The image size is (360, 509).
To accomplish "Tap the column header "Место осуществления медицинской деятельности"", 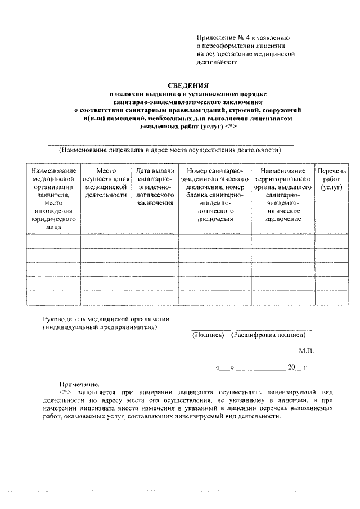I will point(106,183).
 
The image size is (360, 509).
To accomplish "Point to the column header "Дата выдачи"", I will point(155,170).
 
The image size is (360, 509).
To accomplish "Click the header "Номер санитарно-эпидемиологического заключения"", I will point(215,195).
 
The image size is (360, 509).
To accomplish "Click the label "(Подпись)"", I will point(209,335).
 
